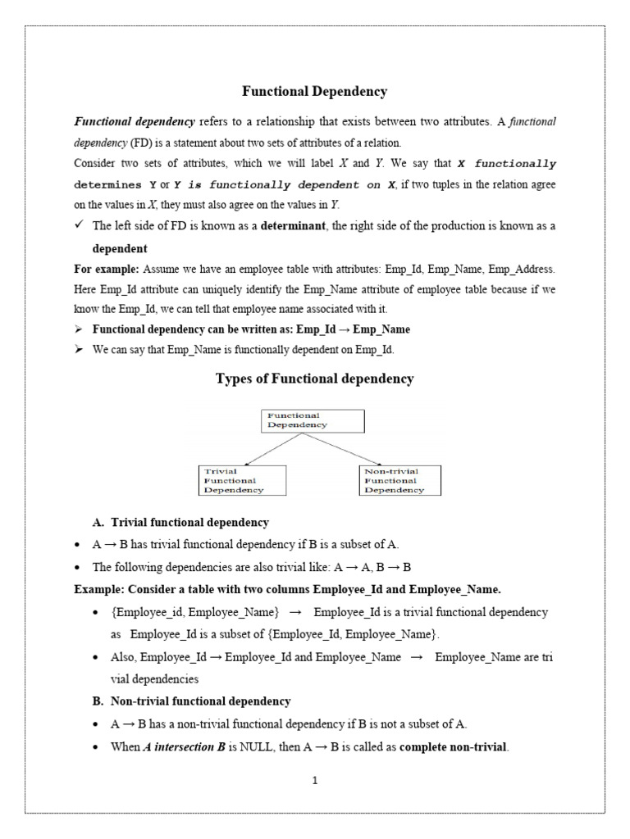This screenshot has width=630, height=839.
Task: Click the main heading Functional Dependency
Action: [314, 92]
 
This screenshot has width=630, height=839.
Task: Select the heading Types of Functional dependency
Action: [314, 379]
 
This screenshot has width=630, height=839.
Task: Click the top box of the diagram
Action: [313, 420]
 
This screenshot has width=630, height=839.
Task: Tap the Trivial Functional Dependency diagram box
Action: [243, 480]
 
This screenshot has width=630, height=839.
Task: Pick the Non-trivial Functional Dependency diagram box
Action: [400, 480]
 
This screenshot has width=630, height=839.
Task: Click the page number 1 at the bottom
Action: [314, 780]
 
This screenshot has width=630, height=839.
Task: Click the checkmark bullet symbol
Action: [80, 225]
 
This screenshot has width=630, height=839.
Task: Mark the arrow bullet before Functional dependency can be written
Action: [80, 329]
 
